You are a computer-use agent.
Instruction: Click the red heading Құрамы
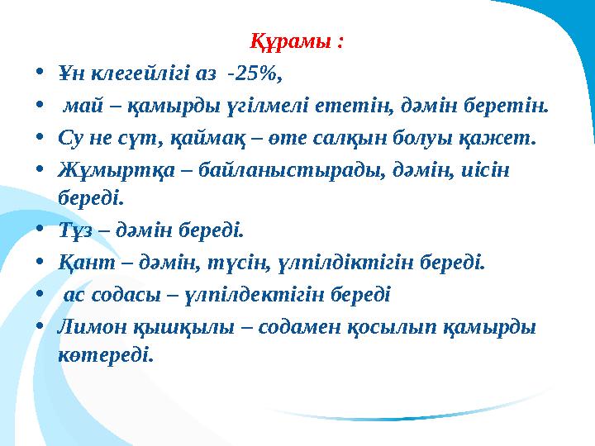click(297, 40)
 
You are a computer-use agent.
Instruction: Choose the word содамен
click(294, 327)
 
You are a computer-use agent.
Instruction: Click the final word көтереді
click(105, 355)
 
